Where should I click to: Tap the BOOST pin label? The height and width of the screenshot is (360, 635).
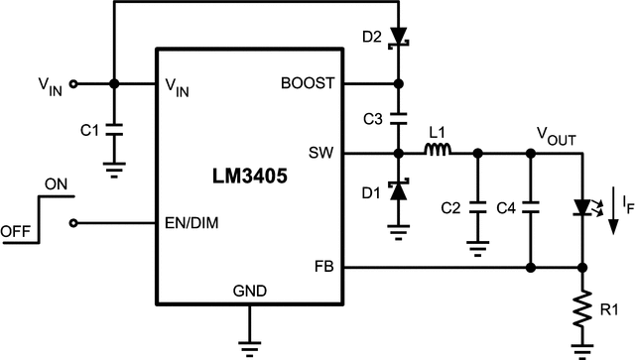coord(310,83)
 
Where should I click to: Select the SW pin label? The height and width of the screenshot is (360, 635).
coord(321,154)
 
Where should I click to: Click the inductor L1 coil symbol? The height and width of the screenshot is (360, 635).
coord(438,153)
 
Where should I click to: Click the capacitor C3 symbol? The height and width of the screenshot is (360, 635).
coord(398,118)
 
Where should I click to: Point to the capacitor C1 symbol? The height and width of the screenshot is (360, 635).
coord(114,129)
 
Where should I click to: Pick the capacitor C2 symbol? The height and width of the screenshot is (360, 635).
coord(477,208)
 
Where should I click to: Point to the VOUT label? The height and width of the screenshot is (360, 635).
coord(556,133)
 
